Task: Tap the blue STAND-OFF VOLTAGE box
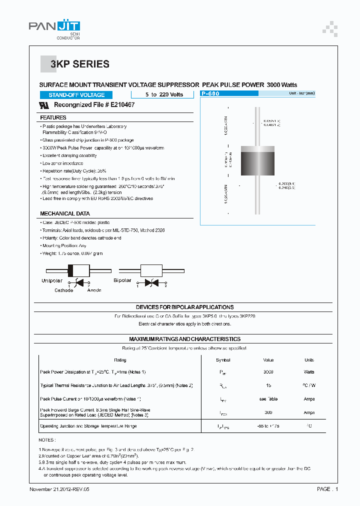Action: coord(76,95)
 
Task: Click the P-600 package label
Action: coord(210,93)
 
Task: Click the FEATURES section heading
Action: coord(53,117)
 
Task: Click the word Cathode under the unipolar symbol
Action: coord(64,290)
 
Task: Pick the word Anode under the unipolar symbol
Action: coord(94,290)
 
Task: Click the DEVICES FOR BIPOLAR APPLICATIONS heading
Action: coord(184,307)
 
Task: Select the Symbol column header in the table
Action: coord(223,360)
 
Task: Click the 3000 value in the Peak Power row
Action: coord(268,372)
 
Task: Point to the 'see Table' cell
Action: coord(268,399)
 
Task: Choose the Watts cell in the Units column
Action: coord(309,372)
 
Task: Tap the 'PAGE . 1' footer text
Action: coord(327,489)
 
